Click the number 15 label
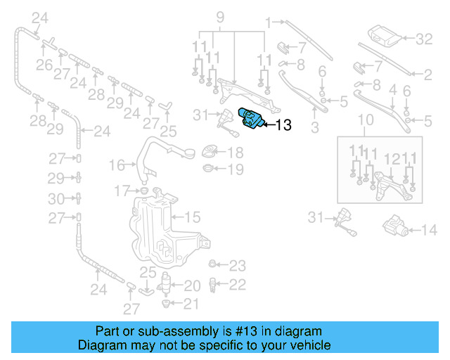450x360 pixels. pos(193,217)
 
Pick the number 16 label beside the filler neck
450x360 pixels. pos(117,165)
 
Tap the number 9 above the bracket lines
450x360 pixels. pos(219,16)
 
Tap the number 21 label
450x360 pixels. pos(191,304)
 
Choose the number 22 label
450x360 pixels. pos(238,284)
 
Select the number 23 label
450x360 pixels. pos(238,266)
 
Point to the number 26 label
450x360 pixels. pos(44,65)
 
